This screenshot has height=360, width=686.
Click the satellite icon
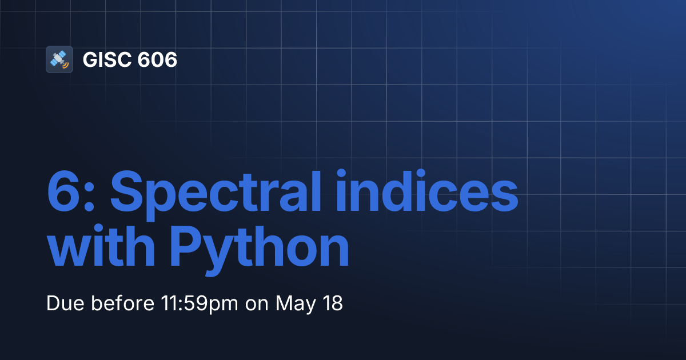click(59, 59)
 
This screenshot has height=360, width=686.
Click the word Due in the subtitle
click(62, 303)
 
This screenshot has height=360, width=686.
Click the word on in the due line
click(257, 303)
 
